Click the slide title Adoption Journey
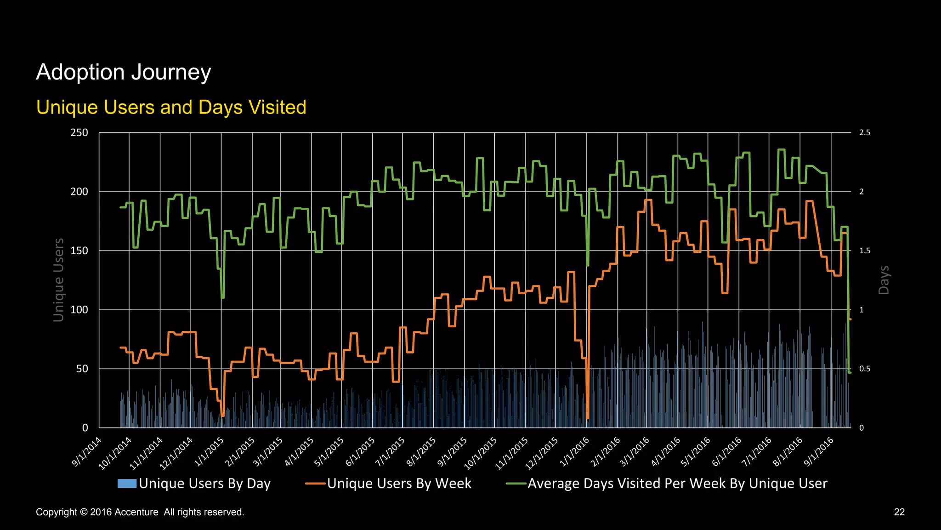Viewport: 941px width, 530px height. pos(123,72)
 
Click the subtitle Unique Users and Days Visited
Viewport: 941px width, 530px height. pos(171,107)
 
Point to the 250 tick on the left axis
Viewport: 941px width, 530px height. pos(79,133)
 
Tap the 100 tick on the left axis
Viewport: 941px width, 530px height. pos(79,310)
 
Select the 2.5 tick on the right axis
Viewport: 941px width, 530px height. pos(865,133)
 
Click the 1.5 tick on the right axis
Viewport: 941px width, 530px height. pos(865,251)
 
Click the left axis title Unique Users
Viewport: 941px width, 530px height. pos(58,280)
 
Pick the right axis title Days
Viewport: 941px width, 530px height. pos(884,280)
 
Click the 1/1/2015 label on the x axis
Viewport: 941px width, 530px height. pos(209,452)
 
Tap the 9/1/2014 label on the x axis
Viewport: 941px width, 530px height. pos(87,452)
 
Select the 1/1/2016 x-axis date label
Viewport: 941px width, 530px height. pos(575,452)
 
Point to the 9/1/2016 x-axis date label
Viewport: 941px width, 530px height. pos(819,452)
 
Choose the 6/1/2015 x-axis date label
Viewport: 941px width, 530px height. pos(361,452)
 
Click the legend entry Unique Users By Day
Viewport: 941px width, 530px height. pos(204,484)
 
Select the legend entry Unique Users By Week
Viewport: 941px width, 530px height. pos(399,484)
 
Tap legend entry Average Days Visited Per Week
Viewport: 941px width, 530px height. pos(677,484)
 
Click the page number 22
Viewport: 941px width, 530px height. pos(899,512)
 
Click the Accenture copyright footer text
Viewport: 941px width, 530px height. pos(140,512)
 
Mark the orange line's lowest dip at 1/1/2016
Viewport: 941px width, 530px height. pos(588,418)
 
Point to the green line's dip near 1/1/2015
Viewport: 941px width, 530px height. pos(223,298)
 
